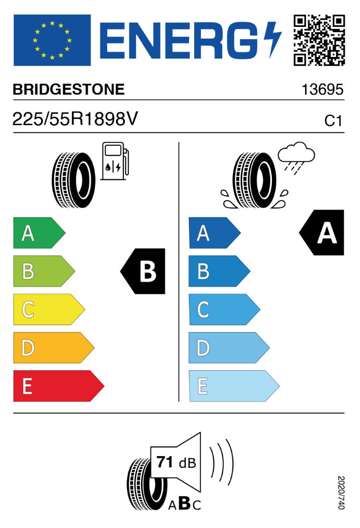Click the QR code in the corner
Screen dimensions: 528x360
(319, 40)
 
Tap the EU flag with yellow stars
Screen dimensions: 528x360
(52, 40)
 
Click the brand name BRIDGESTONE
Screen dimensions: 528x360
(69, 90)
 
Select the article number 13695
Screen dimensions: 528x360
(323, 90)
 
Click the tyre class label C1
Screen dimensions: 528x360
(333, 121)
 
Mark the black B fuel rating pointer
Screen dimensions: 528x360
(144, 271)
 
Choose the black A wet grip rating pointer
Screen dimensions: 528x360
(323, 233)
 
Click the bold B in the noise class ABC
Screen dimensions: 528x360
(184, 504)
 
